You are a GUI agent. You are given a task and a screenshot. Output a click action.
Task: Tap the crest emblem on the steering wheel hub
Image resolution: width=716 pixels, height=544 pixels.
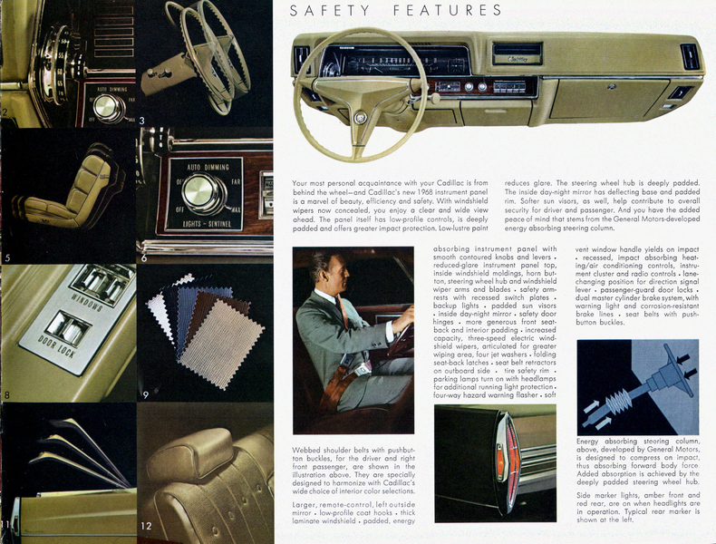click(360, 117)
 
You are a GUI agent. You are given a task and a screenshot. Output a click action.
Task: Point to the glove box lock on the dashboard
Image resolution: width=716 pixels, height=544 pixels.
click(614, 86)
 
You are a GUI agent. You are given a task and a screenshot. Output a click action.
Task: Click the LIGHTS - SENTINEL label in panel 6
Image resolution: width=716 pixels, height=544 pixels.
click(202, 222)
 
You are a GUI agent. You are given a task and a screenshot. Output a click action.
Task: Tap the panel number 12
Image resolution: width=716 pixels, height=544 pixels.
click(147, 527)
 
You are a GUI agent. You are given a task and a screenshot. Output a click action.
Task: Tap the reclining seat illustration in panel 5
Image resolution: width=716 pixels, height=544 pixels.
click(68, 190)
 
